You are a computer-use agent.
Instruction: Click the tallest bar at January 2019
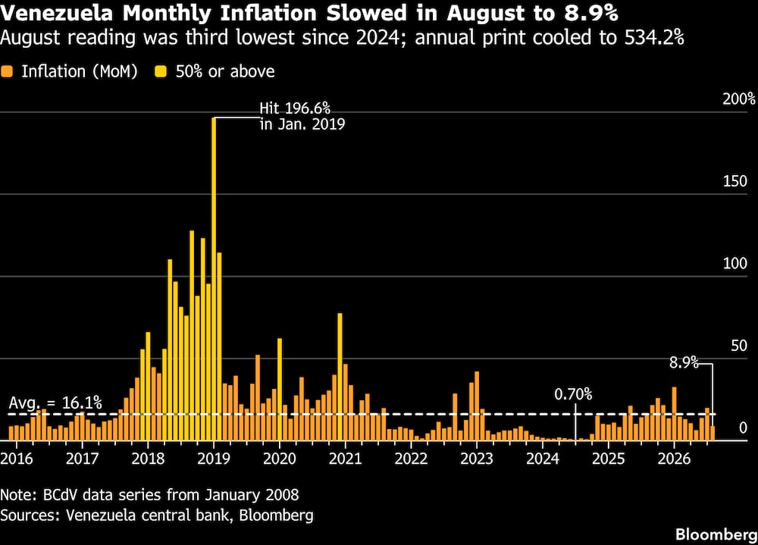[x=214, y=279]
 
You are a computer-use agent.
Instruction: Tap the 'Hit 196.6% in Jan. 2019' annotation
[x=302, y=116]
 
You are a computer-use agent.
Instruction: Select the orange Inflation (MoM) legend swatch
[x=8, y=71]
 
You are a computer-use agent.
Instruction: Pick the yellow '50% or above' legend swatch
[x=161, y=71]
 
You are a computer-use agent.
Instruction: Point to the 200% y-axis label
[x=738, y=99]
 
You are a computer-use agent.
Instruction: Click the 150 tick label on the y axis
[x=735, y=181]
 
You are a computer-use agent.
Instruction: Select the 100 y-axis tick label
[x=735, y=263]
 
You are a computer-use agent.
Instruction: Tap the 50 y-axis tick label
[x=739, y=346]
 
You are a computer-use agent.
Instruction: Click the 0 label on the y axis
[x=743, y=428]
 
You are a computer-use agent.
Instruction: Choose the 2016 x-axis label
[x=17, y=458]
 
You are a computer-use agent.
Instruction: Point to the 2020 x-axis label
[x=280, y=458]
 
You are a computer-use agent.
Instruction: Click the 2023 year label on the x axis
[x=477, y=458]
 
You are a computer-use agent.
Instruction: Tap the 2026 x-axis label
[x=674, y=458]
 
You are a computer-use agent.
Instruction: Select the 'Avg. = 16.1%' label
[x=55, y=402]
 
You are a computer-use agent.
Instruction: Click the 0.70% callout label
[x=573, y=394]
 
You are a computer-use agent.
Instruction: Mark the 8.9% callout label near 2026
[x=684, y=362]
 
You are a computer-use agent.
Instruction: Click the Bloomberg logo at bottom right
[x=716, y=534]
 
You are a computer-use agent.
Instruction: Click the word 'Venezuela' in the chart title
[x=57, y=13]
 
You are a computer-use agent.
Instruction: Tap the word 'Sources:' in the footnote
[x=30, y=515]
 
